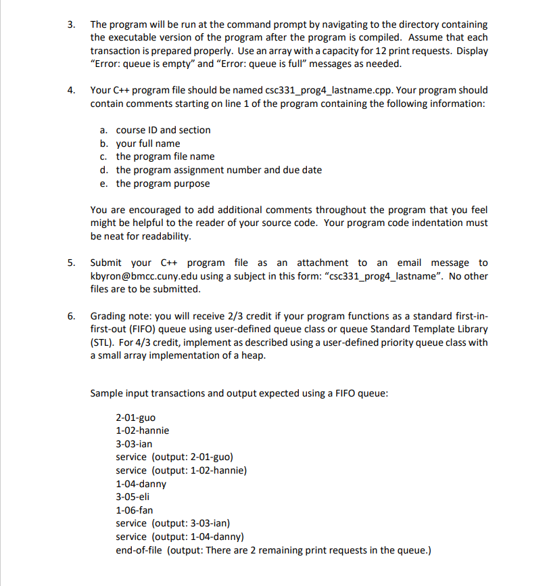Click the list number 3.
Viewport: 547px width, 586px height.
pyautogui.click(x=70, y=24)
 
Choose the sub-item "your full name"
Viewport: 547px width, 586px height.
pyautogui.click(x=148, y=143)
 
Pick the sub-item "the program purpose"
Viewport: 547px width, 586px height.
pyautogui.click(x=162, y=183)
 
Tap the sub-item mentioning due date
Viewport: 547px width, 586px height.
pyautogui.click(x=218, y=170)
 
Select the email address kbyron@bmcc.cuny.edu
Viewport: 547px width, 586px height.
pyautogui.click(x=141, y=276)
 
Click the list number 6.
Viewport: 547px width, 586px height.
pyautogui.click(x=70, y=316)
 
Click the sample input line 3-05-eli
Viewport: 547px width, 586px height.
pyautogui.click(x=133, y=497)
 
